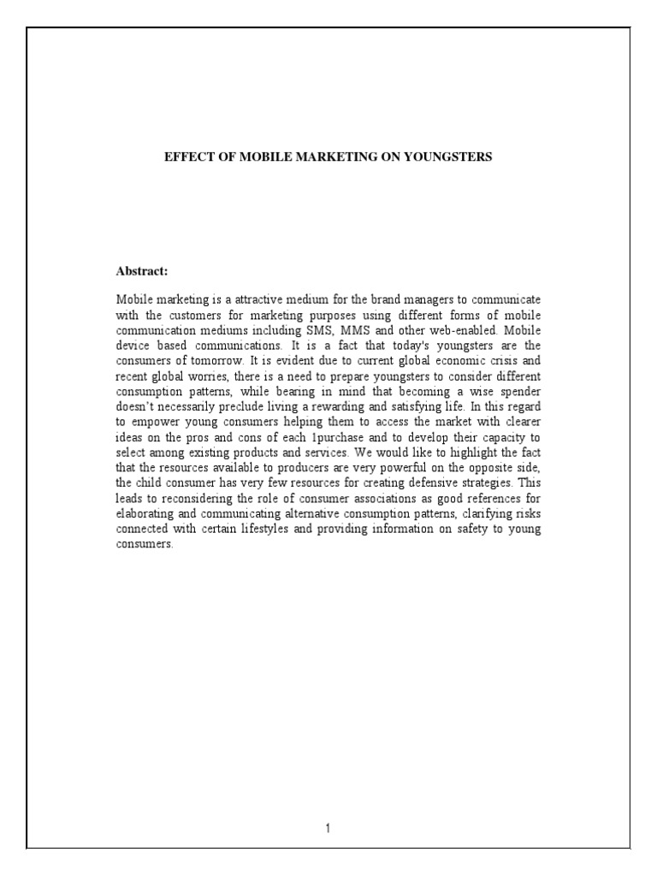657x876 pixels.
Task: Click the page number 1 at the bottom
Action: coord(328,827)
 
